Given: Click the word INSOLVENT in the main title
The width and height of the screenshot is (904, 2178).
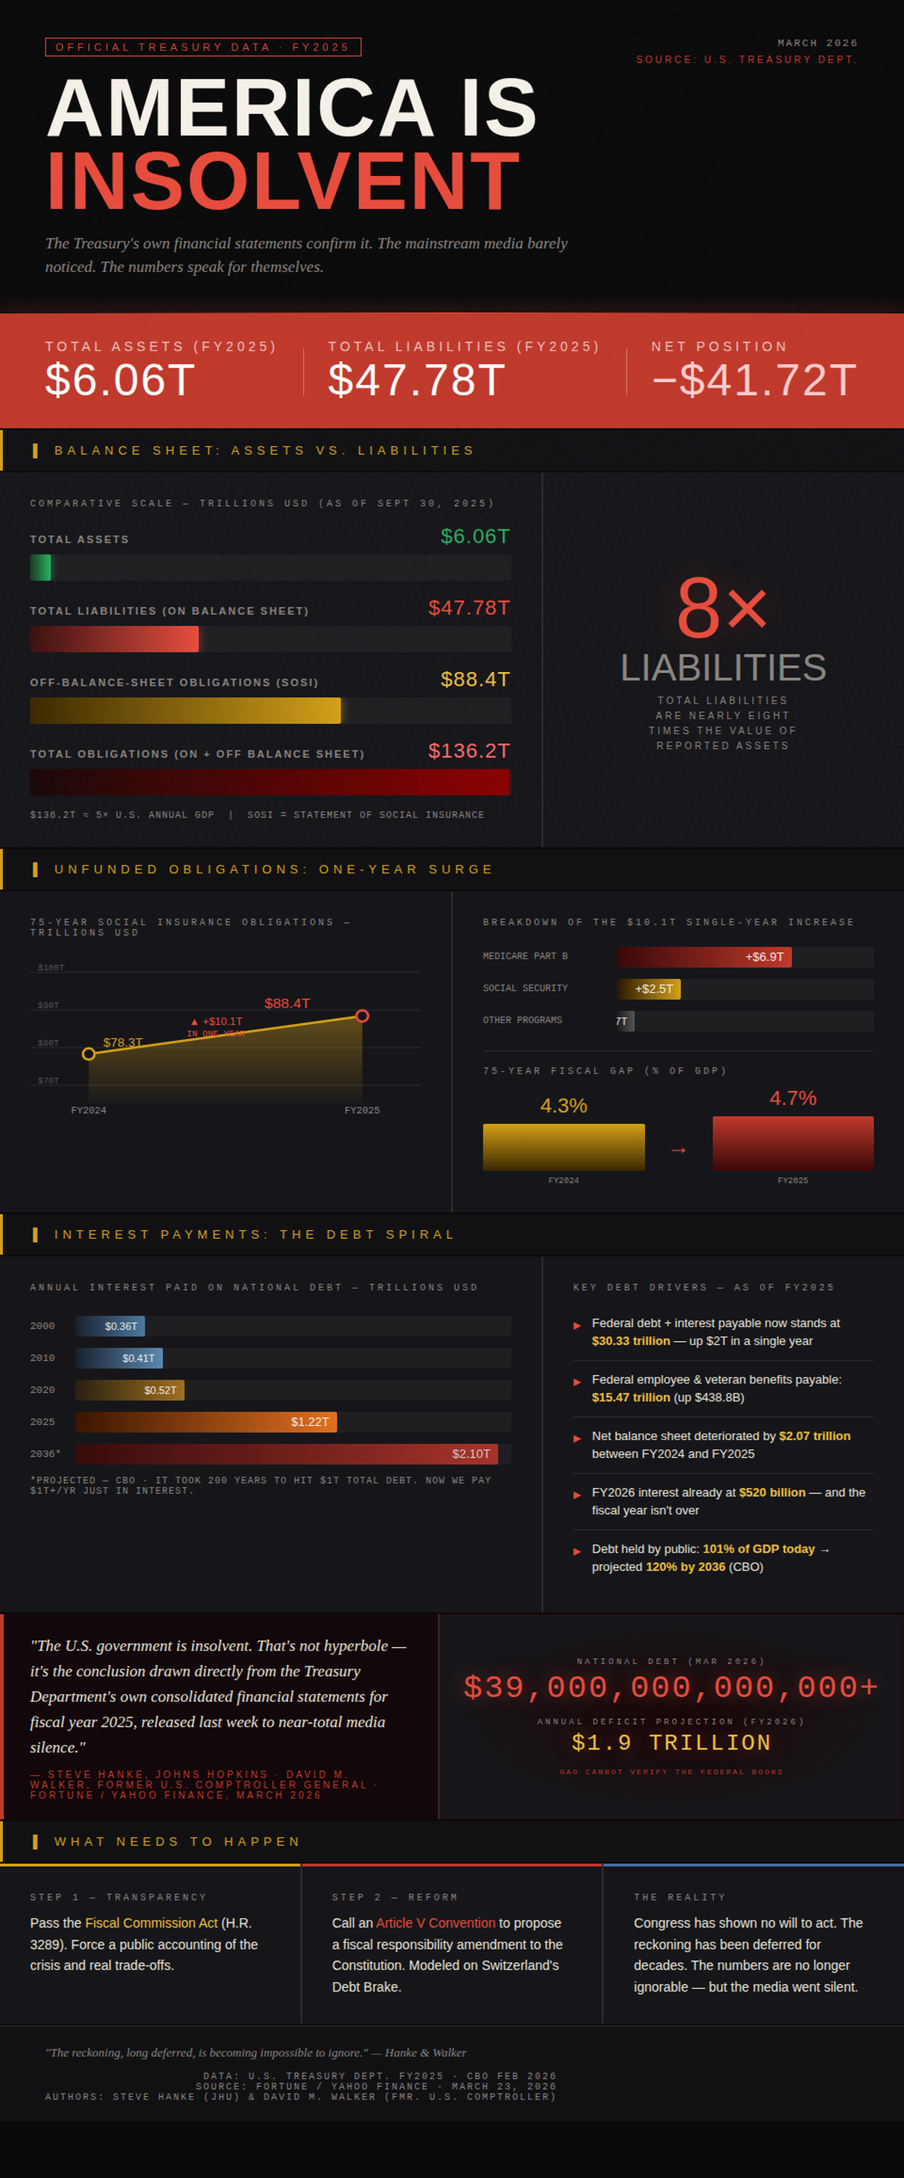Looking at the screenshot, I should click(x=282, y=182).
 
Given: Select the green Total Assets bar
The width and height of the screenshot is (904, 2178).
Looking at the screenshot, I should click(x=40, y=567).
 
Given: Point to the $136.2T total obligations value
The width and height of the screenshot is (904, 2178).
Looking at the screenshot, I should click(x=469, y=751).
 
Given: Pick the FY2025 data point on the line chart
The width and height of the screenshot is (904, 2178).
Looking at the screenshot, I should click(x=362, y=1016).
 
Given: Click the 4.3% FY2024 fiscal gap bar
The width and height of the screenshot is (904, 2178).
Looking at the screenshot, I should click(x=563, y=1146).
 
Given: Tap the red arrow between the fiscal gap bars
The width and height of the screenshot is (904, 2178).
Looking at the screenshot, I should click(x=678, y=1150).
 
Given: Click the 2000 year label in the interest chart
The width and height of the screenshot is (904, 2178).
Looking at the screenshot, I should click(x=42, y=1326).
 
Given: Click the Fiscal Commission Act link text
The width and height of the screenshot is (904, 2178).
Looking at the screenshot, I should click(x=151, y=1923).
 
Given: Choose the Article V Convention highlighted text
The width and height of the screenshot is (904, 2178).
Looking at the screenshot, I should click(x=435, y=1923).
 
